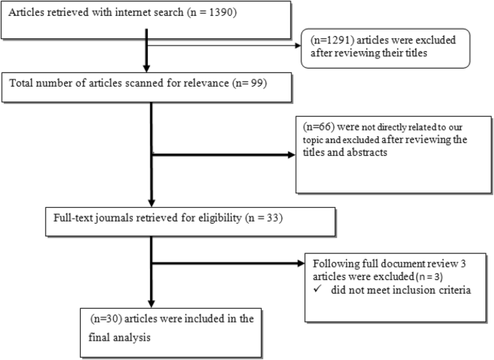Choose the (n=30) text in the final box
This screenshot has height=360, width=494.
[x=105, y=317]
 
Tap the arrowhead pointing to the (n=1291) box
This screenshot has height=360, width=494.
[x=296, y=44]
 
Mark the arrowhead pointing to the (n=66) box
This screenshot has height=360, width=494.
[x=291, y=154]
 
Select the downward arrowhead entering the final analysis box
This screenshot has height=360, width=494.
[x=150, y=303]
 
